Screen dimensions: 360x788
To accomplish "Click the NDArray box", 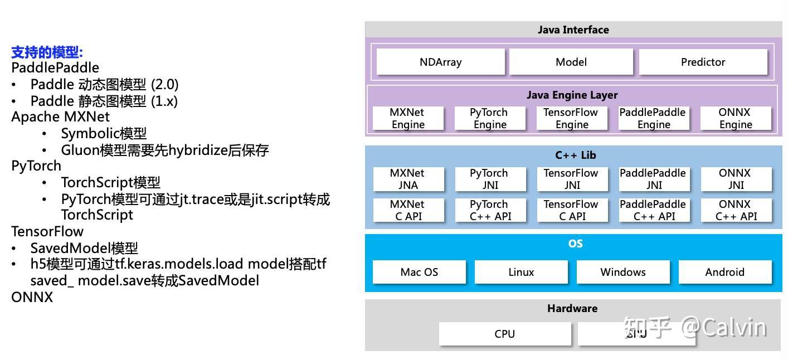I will click(x=440, y=62).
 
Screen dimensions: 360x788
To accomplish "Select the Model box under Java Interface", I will click(x=571, y=62).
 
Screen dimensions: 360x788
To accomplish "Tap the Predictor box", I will click(x=703, y=62).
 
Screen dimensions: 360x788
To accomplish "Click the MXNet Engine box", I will click(x=407, y=118).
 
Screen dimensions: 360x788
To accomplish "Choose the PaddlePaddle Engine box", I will click(x=653, y=118).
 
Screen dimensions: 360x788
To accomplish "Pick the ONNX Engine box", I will click(x=735, y=118).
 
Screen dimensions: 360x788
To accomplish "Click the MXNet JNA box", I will click(x=407, y=179).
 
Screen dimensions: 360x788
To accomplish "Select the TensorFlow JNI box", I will click(x=571, y=179).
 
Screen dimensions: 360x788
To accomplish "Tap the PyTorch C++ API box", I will click(x=490, y=210).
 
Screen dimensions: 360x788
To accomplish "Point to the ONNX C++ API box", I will click(x=736, y=210).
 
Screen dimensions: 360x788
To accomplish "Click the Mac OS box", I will click(x=419, y=272).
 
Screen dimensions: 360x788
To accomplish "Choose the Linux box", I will click(x=521, y=272).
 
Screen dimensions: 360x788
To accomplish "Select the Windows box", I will click(x=622, y=272).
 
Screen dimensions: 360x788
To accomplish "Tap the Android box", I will click(x=724, y=272).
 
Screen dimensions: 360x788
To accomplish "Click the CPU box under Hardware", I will click(x=504, y=334).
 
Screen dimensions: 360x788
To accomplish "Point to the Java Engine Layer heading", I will click(x=572, y=95).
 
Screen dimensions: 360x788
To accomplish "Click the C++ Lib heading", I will click(x=575, y=155).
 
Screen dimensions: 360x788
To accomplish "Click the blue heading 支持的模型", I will click(x=47, y=53).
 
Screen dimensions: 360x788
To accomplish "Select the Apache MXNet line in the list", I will click(x=60, y=117).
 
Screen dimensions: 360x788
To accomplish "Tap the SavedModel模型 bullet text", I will click(x=84, y=248).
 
